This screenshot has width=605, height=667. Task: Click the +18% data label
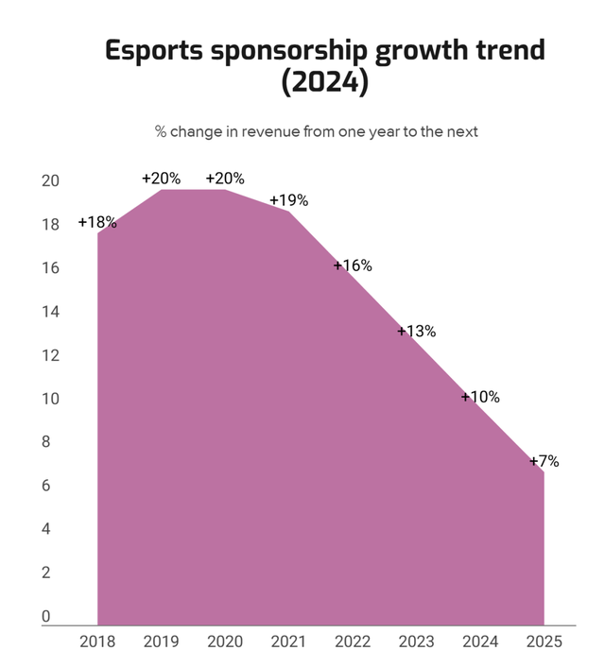[x=97, y=223]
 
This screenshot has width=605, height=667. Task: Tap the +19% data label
[x=289, y=200]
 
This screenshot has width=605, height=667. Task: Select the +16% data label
[x=353, y=265]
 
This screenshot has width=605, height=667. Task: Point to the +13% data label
[x=416, y=332]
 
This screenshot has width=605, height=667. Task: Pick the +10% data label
[x=480, y=397]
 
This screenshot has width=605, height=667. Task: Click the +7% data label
[x=544, y=462]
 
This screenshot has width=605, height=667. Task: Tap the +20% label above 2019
[x=162, y=179]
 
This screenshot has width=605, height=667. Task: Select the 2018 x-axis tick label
[x=98, y=641]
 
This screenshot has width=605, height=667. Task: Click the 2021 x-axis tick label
[x=288, y=641]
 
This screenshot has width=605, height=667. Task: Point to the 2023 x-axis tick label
[x=416, y=641]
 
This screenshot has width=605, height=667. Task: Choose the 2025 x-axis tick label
[x=544, y=641]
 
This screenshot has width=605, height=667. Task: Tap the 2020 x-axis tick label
[x=225, y=641]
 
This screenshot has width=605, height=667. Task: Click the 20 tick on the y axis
[x=50, y=181]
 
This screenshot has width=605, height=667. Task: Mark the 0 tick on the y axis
[x=44, y=617]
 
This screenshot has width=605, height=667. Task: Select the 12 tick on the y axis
[x=50, y=355]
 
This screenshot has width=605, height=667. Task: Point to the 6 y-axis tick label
[x=44, y=486]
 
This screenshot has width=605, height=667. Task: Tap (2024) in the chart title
[x=324, y=83]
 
